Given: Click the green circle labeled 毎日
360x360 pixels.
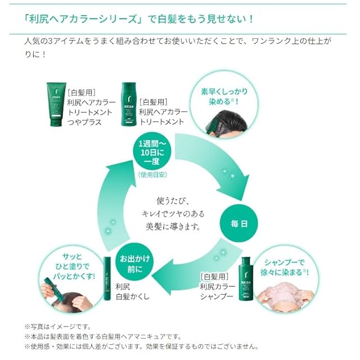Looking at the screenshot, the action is (238, 223).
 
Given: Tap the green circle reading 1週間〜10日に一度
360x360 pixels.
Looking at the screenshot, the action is (152, 151).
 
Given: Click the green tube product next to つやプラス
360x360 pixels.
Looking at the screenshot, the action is (56, 105).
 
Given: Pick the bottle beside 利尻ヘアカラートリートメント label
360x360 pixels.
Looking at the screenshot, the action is (129, 104).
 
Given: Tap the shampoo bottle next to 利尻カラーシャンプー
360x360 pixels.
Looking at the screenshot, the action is (246, 279).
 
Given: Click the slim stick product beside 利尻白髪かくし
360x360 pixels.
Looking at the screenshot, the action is (107, 278).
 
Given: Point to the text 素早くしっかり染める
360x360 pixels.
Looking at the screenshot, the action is (224, 96).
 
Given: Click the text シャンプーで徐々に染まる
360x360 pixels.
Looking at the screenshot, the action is (285, 268).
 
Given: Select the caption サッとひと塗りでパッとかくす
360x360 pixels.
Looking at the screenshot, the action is (74, 266).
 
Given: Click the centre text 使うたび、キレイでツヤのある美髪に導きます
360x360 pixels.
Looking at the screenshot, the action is (173, 214).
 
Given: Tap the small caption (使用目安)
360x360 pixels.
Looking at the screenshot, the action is (152, 175).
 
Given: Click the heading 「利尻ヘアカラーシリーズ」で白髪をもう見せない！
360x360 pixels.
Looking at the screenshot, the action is (139, 19).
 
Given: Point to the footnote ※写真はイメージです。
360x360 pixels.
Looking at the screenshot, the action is (58, 326).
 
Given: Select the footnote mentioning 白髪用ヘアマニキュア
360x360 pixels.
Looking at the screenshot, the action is (103, 336).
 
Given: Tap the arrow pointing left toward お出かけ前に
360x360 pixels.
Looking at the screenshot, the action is (195, 266).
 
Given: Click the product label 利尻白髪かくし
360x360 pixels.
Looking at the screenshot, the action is (133, 291).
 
